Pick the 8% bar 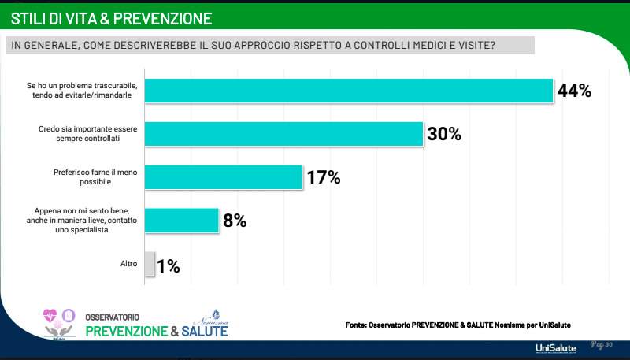click(x=182, y=221)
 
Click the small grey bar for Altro click(x=150, y=265)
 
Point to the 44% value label click(x=574, y=91)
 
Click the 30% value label click(x=443, y=134)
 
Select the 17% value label click(x=323, y=177)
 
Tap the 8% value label click(x=235, y=221)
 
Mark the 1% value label click(x=168, y=266)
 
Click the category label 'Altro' click(x=122, y=265)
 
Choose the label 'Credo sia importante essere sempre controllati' click(x=85, y=133)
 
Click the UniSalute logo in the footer click(x=555, y=347)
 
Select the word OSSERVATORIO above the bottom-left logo click(x=113, y=316)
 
